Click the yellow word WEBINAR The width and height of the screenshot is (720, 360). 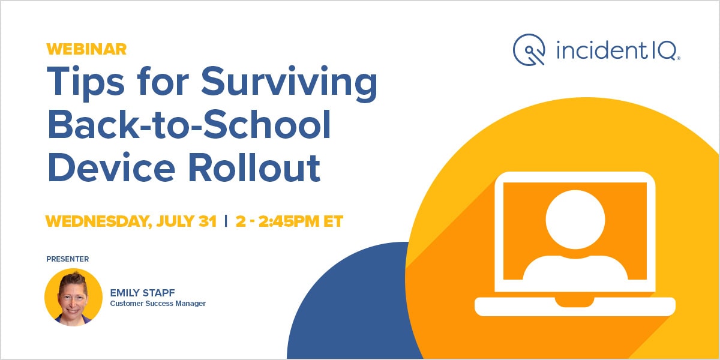click(x=86, y=49)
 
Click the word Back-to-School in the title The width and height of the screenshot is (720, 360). click(x=189, y=127)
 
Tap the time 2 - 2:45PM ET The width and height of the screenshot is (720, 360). click(x=289, y=221)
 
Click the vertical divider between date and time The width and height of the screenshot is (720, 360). click(x=226, y=221)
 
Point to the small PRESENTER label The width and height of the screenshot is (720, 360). click(x=67, y=259)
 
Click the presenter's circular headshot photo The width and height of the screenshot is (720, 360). click(x=73, y=297)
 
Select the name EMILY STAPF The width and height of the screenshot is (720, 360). click(x=142, y=293)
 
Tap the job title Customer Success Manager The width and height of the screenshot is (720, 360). click(x=158, y=304)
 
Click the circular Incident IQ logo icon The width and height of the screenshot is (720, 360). click(x=529, y=49)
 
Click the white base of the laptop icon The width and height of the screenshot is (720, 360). click(x=575, y=306)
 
